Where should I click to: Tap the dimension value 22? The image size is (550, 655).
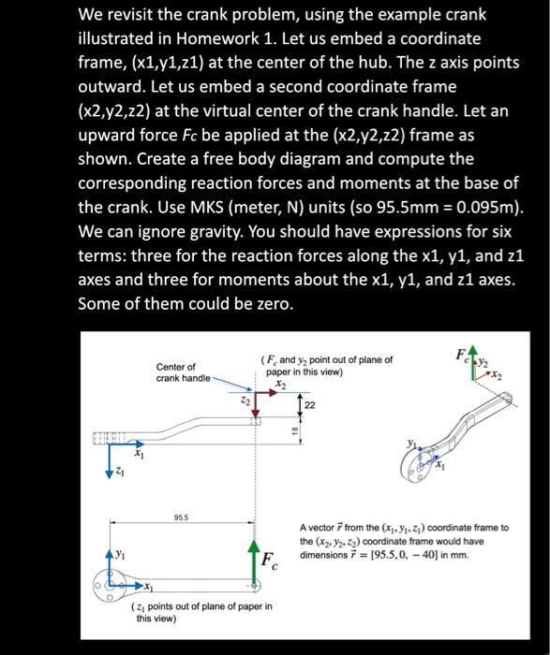coord(310,404)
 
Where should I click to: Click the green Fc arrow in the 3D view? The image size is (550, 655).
coord(469,361)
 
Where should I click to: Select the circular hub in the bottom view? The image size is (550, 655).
coord(111,588)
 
